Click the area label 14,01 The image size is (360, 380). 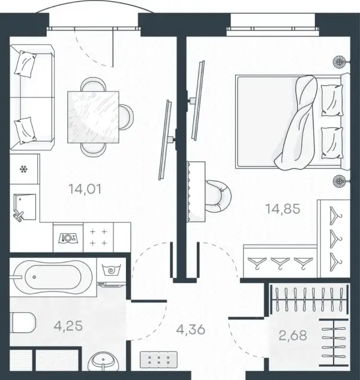point(85,189)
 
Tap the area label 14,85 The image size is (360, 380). point(283,209)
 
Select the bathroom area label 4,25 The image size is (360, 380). point(68,326)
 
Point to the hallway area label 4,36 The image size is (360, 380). point(191,330)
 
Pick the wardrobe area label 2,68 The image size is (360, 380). point(293,336)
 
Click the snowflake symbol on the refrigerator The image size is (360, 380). point(23,169)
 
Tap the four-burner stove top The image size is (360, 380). point(98,237)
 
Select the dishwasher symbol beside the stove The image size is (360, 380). point(68,238)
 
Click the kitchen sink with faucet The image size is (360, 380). point(25,207)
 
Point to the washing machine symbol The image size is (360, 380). point(112,270)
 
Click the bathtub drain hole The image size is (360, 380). point(34,277)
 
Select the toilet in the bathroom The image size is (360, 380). point(23,323)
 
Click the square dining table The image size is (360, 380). point(93,117)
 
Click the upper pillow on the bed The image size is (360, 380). point(332,100)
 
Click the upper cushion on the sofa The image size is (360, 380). point(25,64)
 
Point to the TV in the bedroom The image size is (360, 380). point(197,100)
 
